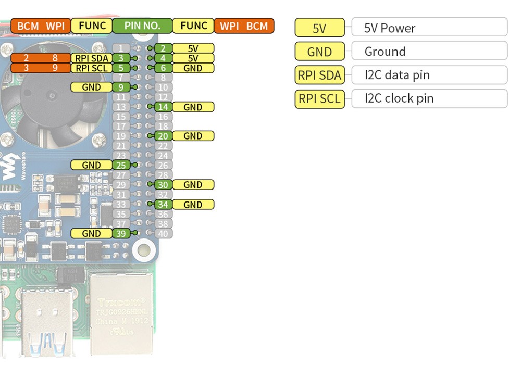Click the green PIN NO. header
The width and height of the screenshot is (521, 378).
point(142,26)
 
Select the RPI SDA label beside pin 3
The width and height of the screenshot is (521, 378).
point(92,58)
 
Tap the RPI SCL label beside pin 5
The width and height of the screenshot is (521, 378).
point(92,68)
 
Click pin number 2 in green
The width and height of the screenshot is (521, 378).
point(163,48)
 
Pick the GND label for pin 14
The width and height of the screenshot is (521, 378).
point(193,107)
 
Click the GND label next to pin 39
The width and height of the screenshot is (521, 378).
point(91,234)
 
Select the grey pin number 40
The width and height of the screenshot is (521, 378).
point(163,234)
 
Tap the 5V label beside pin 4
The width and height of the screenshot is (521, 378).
point(193,58)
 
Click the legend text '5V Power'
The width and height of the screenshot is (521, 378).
point(390,28)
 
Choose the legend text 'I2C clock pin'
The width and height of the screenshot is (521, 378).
point(399,98)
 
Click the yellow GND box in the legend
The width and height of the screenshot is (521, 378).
point(319,52)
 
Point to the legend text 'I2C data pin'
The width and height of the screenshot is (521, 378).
point(397,75)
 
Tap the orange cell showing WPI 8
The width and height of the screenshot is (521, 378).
point(55,58)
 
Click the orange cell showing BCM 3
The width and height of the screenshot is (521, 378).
point(26,68)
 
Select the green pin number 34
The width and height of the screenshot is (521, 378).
point(163,205)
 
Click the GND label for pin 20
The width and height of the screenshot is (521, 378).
point(193,136)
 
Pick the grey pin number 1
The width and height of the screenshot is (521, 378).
point(121,48)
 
